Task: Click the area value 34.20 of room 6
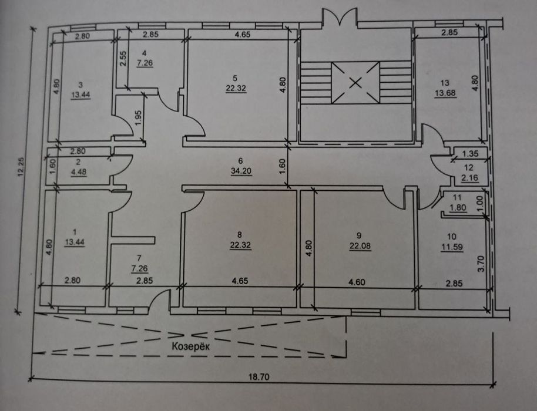pyautogui.click(x=241, y=170)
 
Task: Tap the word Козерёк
pyautogui.click(x=191, y=346)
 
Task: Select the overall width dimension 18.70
pyautogui.click(x=260, y=377)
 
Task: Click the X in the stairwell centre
pyautogui.click(x=355, y=82)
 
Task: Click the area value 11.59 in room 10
pyautogui.click(x=452, y=247)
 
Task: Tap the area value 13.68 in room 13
pyautogui.click(x=445, y=93)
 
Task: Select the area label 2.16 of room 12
pyautogui.click(x=469, y=178)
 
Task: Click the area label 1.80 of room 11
pyautogui.click(x=458, y=207)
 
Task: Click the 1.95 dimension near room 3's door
pyautogui.click(x=139, y=118)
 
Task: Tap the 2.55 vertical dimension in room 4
pyautogui.click(x=123, y=59)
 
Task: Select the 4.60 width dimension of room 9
pyautogui.click(x=357, y=282)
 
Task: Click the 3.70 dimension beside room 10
pyautogui.click(x=481, y=264)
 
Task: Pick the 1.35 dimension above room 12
pyautogui.click(x=470, y=154)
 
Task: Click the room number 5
pyautogui.click(x=235, y=78)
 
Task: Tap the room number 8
pyautogui.click(x=239, y=235)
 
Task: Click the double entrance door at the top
pyautogui.click(x=339, y=17)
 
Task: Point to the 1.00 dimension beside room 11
pyautogui.click(x=480, y=203)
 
